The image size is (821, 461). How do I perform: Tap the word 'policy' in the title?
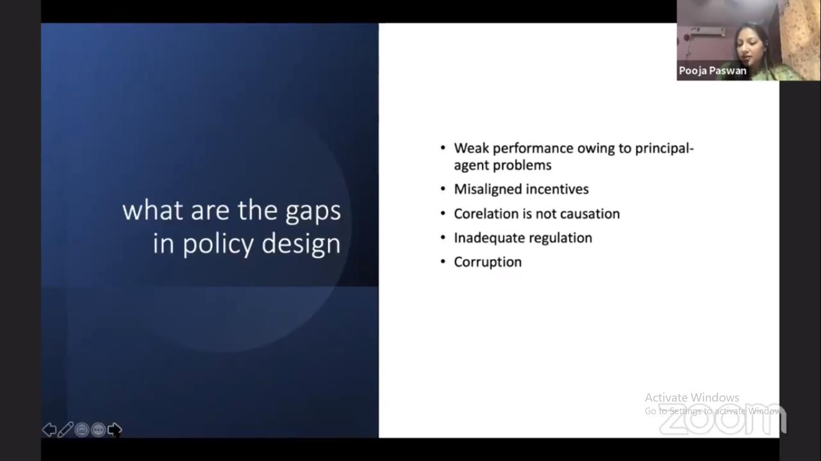click(x=218, y=244)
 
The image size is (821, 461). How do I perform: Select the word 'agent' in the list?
click(x=471, y=166)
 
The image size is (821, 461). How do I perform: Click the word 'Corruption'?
click(x=487, y=262)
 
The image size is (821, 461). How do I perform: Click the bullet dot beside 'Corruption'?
click(x=443, y=262)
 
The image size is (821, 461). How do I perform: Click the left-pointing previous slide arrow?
click(x=49, y=430)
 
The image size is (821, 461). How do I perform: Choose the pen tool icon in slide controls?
click(x=66, y=430)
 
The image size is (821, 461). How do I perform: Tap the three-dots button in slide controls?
click(x=98, y=430)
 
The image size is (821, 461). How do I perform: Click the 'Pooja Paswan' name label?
click(x=712, y=71)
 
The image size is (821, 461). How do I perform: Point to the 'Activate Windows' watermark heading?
click(x=692, y=397)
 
